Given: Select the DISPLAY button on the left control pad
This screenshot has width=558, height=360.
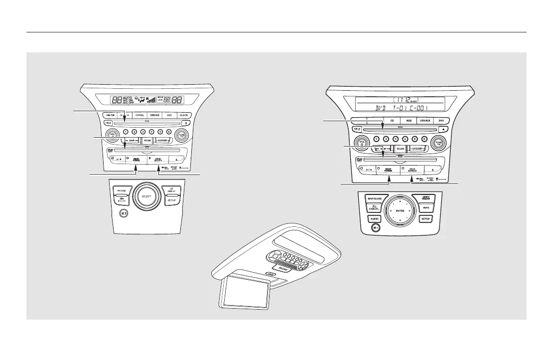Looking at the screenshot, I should (x=171, y=190).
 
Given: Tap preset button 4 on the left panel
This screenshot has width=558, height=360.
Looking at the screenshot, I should (x=152, y=132).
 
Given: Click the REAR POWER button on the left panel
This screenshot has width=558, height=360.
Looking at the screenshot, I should (x=136, y=159).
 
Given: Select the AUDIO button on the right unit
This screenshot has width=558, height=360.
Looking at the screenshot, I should (x=374, y=219).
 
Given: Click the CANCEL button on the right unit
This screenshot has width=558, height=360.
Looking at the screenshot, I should (x=374, y=208).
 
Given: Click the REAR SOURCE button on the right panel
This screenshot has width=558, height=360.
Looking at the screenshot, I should (x=412, y=170).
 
